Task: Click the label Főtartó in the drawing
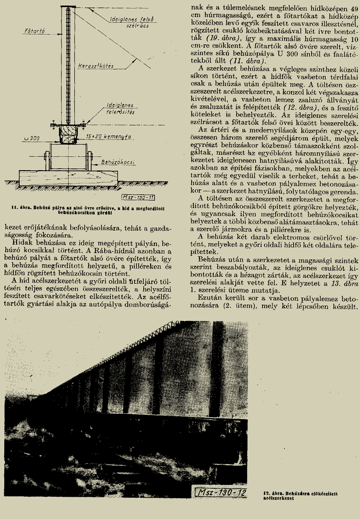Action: point(34,31)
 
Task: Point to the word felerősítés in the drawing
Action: point(121,113)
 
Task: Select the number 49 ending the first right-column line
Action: point(354,9)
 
